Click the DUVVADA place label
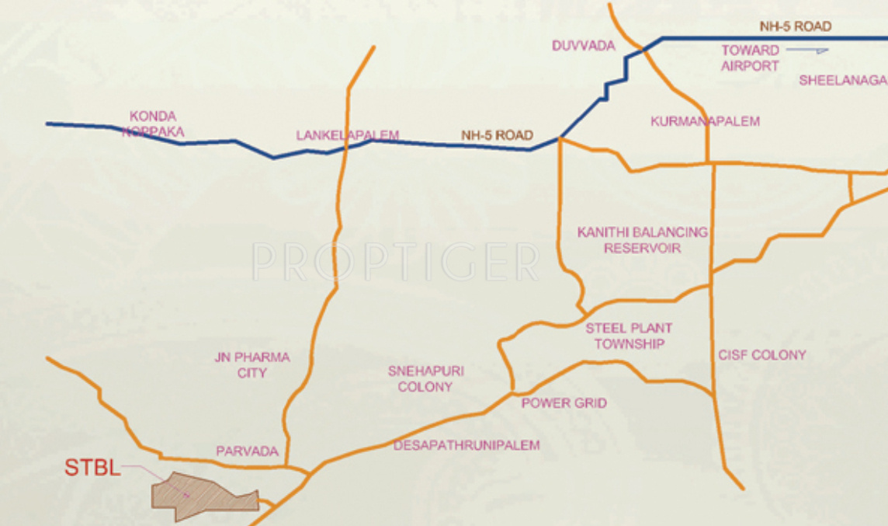point(583,46)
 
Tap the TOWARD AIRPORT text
point(750,58)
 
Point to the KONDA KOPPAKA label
point(153,124)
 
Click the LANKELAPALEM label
point(347,135)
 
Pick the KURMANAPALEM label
point(705,121)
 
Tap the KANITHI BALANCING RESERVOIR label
point(643,240)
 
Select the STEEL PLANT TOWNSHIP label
point(629,336)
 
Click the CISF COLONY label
point(761,355)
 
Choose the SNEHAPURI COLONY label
point(425,379)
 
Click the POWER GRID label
point(564,403)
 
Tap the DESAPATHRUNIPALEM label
point(466,445)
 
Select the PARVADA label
point(247,451)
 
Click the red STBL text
point(92,468)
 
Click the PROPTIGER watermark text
point(395,262)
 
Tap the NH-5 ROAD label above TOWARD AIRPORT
point(795,26)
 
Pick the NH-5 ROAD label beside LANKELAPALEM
point(497,135)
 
